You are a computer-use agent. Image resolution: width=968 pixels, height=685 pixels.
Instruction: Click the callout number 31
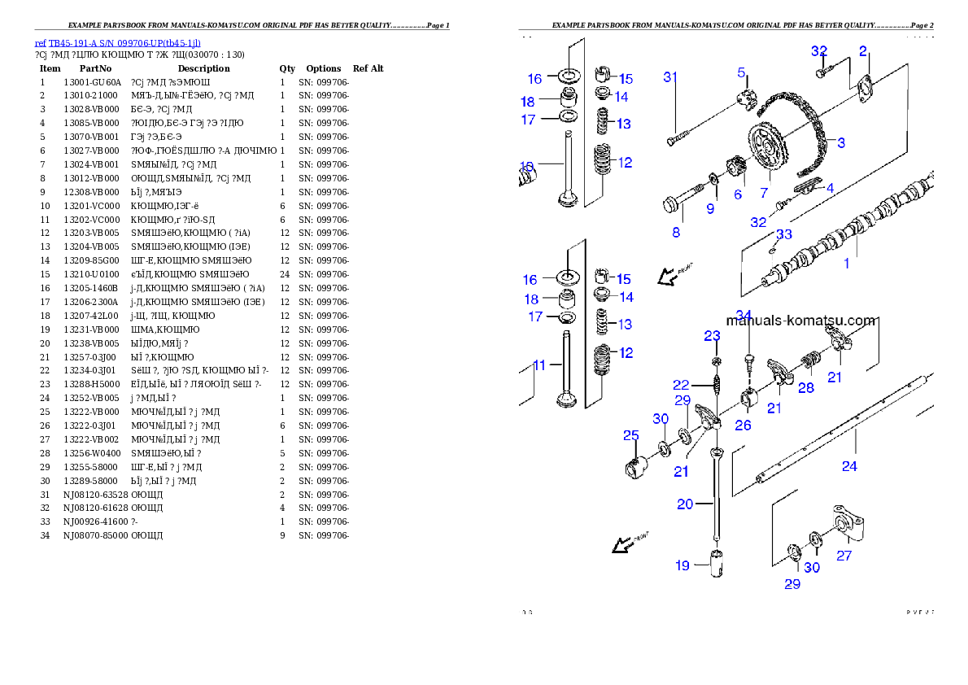click(670, 77)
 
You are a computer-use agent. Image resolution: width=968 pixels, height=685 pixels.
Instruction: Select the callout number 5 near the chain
click(741, 72)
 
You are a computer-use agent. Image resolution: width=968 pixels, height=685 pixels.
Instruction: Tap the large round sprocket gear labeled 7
click(767, 147)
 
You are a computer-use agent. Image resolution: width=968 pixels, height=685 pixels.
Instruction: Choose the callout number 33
click(783, 234)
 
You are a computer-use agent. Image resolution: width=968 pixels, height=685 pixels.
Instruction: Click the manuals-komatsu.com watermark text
click(800, 321)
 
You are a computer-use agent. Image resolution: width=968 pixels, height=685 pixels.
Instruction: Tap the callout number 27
click(844, 556)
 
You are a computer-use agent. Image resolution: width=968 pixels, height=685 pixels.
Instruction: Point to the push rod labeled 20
click(717, 496)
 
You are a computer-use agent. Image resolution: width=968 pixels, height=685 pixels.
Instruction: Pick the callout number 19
click(682, 565)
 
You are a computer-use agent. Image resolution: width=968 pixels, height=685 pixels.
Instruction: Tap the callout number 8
click(675, 232)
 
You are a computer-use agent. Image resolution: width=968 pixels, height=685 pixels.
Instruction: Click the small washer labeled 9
click(713, 178)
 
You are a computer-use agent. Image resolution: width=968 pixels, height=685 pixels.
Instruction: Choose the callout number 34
click(743, 315)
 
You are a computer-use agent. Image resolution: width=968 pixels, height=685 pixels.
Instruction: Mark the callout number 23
click(712, 335)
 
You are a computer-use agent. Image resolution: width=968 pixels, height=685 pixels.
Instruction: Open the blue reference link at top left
click(117, 43)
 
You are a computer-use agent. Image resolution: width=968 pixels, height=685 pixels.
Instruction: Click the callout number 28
click(805, 388)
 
